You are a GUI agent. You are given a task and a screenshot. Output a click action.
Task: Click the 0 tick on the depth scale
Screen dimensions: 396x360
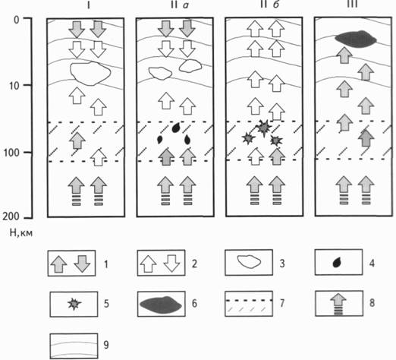pos(17,20)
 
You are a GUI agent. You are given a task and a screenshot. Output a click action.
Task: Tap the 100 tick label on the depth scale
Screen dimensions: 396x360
pos(11,153)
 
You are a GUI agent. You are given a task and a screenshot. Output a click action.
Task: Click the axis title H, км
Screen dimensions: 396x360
pos(21,232)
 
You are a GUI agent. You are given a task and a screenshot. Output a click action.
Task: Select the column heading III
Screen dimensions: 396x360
pos(353,5)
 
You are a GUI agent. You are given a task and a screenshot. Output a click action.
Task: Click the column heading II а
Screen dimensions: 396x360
pos(180,5)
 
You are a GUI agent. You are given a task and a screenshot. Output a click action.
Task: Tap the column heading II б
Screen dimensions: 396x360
pos(269,5)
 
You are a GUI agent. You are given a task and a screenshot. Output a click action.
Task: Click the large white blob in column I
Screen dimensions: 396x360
pos(90,74)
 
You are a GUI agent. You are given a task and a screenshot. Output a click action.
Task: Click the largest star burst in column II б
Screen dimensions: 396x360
pos(264,128)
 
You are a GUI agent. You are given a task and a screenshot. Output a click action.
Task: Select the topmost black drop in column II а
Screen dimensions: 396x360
pos(176,128)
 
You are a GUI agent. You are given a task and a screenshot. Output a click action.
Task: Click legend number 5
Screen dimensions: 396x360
pos(106,303)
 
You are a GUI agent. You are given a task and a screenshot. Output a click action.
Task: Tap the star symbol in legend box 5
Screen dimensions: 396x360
pos(74,304)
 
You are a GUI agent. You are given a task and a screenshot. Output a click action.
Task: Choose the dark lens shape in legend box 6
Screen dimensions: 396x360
pos(161,305)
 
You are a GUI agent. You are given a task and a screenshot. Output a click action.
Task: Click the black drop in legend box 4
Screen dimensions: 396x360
pos(336,263)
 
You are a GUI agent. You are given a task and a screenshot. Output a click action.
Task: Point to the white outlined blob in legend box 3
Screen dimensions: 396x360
pos(249,262)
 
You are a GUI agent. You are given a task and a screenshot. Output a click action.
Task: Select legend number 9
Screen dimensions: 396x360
pos(106,345)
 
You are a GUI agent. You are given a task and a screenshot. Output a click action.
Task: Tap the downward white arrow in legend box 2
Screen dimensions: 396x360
pos(171,264)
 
